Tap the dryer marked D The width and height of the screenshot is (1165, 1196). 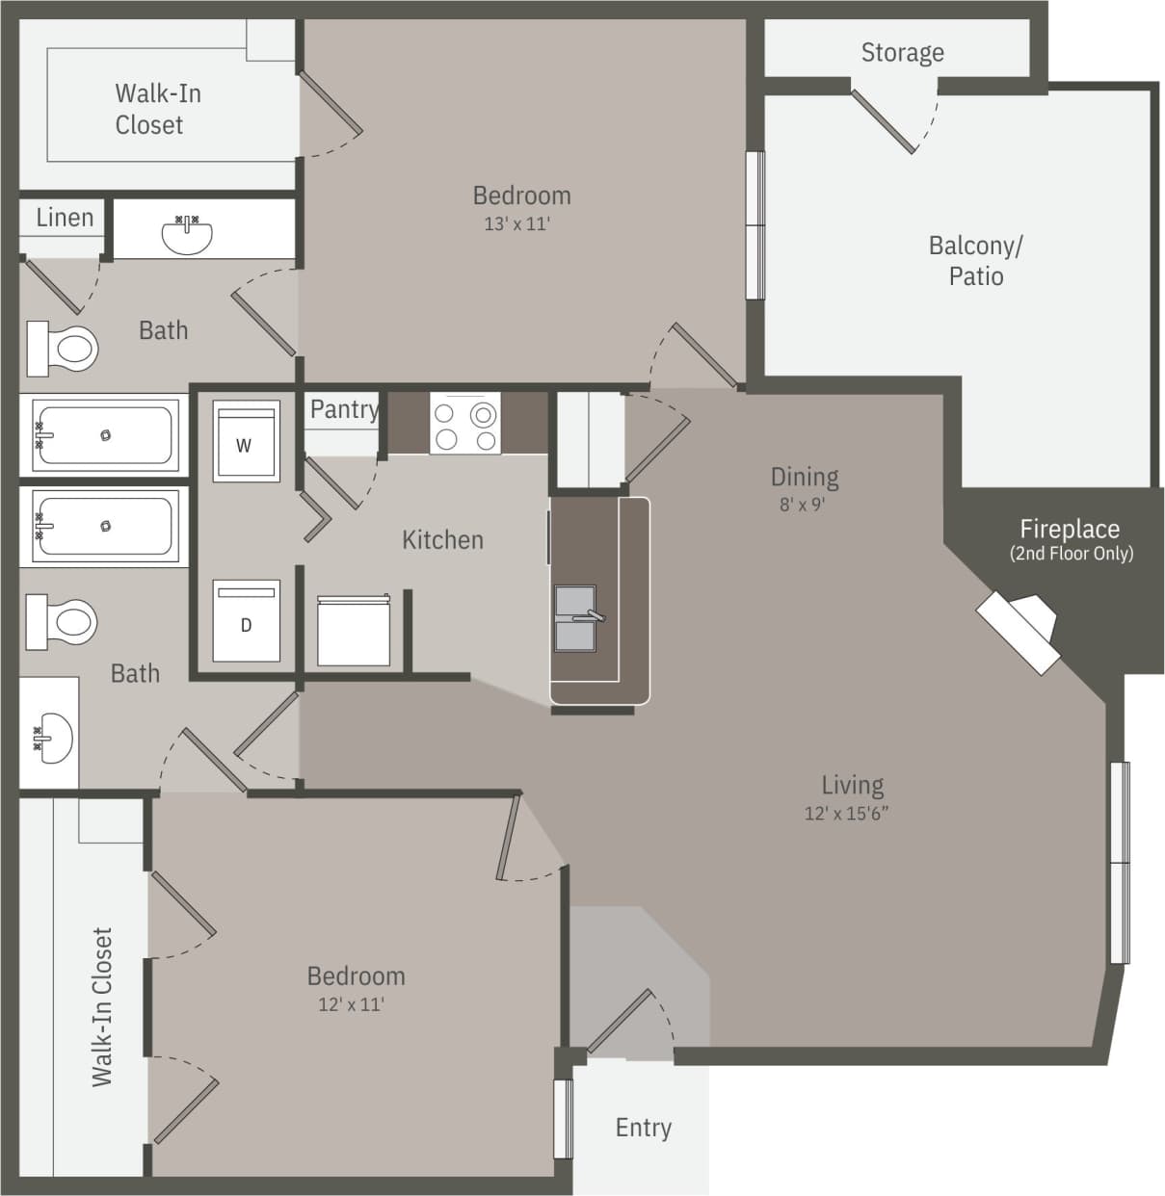pos(246,622)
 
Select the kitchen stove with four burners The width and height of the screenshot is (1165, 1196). pos(464,425)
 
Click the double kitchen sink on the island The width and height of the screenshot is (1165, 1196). pos(576,617)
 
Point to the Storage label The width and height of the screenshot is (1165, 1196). pos(902,52)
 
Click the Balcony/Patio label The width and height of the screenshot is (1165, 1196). pos(975,260)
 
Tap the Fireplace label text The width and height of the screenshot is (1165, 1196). pos(1070,529)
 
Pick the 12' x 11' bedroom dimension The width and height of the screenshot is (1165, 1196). pos(352,1004)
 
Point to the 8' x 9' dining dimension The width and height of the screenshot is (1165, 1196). pos(803,504)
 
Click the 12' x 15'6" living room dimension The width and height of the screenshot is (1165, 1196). pos(846,814)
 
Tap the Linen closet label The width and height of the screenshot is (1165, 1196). pos(65,218)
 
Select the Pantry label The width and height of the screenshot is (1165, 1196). pos(344,409)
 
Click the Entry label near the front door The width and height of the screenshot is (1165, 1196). pos(643,1127)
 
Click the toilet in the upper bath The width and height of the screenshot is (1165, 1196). pos(64,348)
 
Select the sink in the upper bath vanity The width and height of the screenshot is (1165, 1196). pos(187,234)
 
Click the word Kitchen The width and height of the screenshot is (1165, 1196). pos(442,539)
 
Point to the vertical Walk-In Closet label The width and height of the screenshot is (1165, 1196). pos(102,1006)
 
